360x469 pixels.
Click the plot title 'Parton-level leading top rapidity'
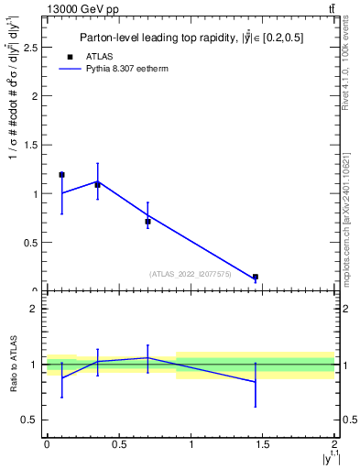191,38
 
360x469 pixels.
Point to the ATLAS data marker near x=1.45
256,277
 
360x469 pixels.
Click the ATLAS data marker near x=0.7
147,221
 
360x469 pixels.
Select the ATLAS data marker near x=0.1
61,174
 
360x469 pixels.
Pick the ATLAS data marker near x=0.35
97,184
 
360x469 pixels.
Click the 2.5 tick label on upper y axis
34,47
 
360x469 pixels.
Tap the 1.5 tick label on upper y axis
34,145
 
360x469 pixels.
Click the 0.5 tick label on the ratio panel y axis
34,420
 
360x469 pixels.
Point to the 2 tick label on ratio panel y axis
38,309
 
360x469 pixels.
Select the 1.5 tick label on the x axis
263,443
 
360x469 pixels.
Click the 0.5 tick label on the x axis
118,443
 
